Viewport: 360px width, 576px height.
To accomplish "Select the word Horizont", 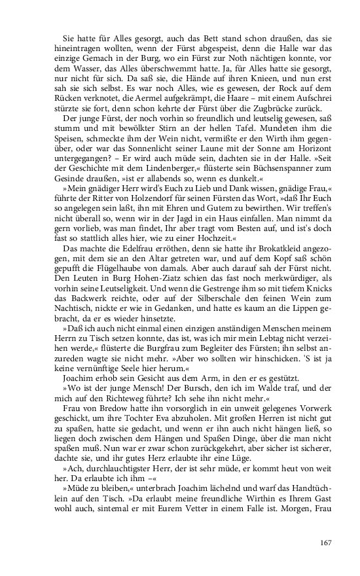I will [315, 149].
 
